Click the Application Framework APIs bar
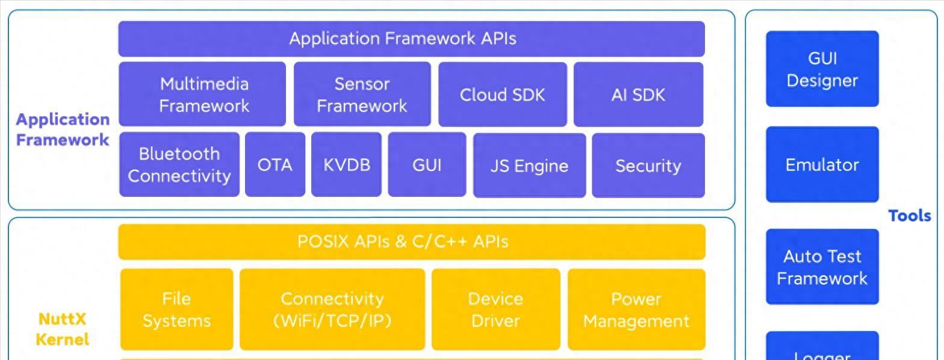(x=411, y=39)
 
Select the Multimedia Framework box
(x=202, y=95)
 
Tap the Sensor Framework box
(x=362, y=95)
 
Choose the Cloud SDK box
(x=502, y=95)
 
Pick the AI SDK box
(x=638, y=95)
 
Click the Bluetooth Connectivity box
(x=179, y=164)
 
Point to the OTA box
(x=275, y=164)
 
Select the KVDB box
(x=346, y=164)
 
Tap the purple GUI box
(x=427, y=164)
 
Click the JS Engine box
(x=529, y=165)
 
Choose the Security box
(x=648, y=165)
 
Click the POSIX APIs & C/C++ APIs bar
(x=411, y=241)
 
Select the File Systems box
(x=176, y=309)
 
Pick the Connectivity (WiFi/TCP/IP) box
(x=332, y=309)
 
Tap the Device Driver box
(x=495, y=309)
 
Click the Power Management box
(x=636, y=309)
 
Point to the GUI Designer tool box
(x=822, y=69)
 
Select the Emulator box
(x=822, y=164)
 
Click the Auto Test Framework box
(x=822, y=267)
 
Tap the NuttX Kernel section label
(x=62, y=329)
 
